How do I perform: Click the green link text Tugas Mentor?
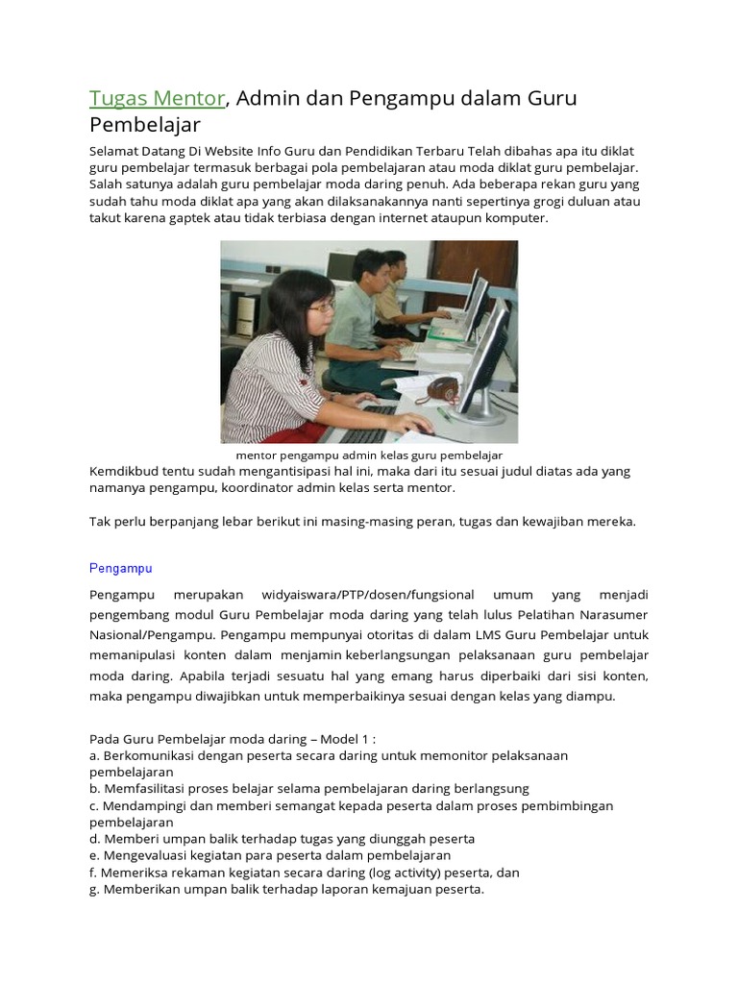pos(158,98)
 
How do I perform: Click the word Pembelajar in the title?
pos(145,124)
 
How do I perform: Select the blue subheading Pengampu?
pos(121,568)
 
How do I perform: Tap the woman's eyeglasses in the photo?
pos(322,307)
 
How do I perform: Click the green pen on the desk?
pos(444,414)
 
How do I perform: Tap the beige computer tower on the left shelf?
pos(246,316)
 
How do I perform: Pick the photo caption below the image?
pos(369,455)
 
